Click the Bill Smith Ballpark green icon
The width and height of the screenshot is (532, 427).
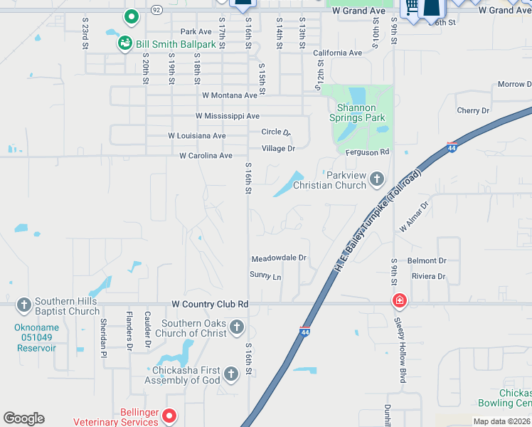point(125,44)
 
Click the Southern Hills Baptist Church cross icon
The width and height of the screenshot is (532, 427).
point(24,305)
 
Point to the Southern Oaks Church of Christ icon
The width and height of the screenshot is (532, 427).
point(237,327)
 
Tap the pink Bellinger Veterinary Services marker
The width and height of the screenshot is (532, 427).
point(169,415)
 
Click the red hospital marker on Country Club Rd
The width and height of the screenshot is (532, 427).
point(399,301)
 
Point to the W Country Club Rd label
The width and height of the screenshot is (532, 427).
point(210,304)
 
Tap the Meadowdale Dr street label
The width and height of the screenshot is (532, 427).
point(279,258)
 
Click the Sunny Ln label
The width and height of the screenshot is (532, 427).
point(265,275)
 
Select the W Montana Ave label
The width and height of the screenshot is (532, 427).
point(229,95)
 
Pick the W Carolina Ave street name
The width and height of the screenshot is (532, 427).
point(206,156)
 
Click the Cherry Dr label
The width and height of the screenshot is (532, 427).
point(473,111)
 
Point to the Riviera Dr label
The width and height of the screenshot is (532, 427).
point(428,276)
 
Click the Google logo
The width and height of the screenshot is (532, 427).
point(23,418)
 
